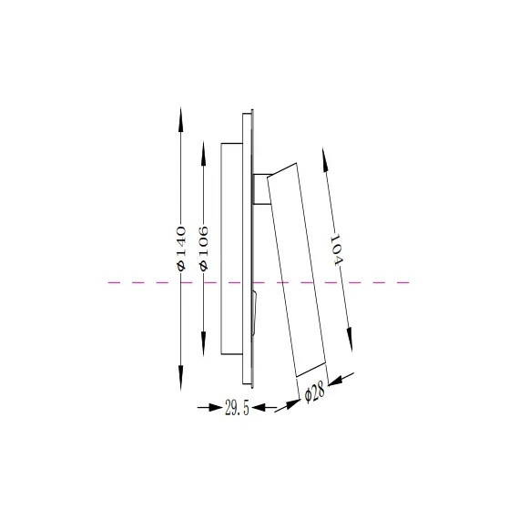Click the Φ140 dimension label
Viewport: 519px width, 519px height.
point(180,246)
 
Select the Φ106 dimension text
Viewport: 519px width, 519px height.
point(204,246)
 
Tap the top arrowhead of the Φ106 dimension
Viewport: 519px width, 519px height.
point(204,148)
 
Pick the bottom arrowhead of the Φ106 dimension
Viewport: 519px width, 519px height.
point(204,345)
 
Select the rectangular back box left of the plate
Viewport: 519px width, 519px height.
point(231,246)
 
